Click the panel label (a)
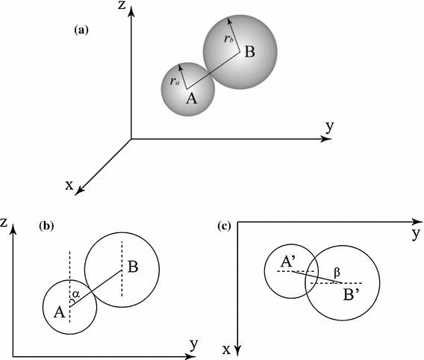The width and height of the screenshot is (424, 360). click(x=83, y=31)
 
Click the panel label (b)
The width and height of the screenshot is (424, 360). click(x=49, y=225)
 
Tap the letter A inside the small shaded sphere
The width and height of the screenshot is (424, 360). click(x=190, y=99)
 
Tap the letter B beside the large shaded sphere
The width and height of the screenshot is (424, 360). click(x=250, y=52)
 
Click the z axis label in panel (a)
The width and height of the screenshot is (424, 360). click(x=131, y=7)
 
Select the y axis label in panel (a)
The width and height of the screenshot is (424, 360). click(x=328, y=125)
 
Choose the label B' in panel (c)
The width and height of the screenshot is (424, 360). click(x=346, y=294)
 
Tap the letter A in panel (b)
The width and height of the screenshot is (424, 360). click(x=58, y=312)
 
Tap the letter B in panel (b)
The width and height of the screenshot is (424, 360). click(x=132, y=265)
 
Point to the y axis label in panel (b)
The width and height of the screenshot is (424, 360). click(x=195, y=344)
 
